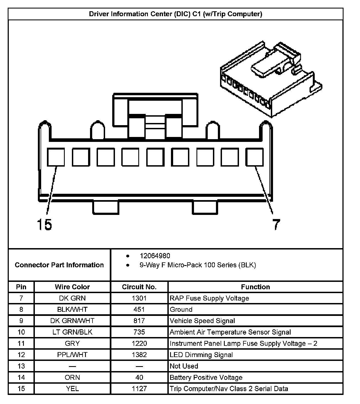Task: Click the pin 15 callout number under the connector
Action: click(44, 224)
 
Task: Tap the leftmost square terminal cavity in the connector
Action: click(56, 157)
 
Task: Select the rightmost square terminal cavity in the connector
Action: click(254, 157)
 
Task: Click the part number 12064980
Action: click(155, 256)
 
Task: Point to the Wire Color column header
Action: click(72, 287)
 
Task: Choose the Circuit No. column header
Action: click(139, 287)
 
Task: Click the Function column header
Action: click(255, 287)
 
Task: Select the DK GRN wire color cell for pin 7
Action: click(72, 298)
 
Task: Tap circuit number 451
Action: click(139, 309)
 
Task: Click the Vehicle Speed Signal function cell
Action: click(202, 321)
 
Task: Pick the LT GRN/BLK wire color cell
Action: click(72, 332)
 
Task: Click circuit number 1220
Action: click(139, 343)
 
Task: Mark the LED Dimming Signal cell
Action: click(201, 355)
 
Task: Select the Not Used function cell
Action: click(184, 366)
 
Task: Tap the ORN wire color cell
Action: click(72, 377)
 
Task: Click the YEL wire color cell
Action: click(72, 389)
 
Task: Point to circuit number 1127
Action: click(139, 389)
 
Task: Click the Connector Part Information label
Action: click(59, 265)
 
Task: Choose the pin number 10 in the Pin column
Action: click(21, 332)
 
